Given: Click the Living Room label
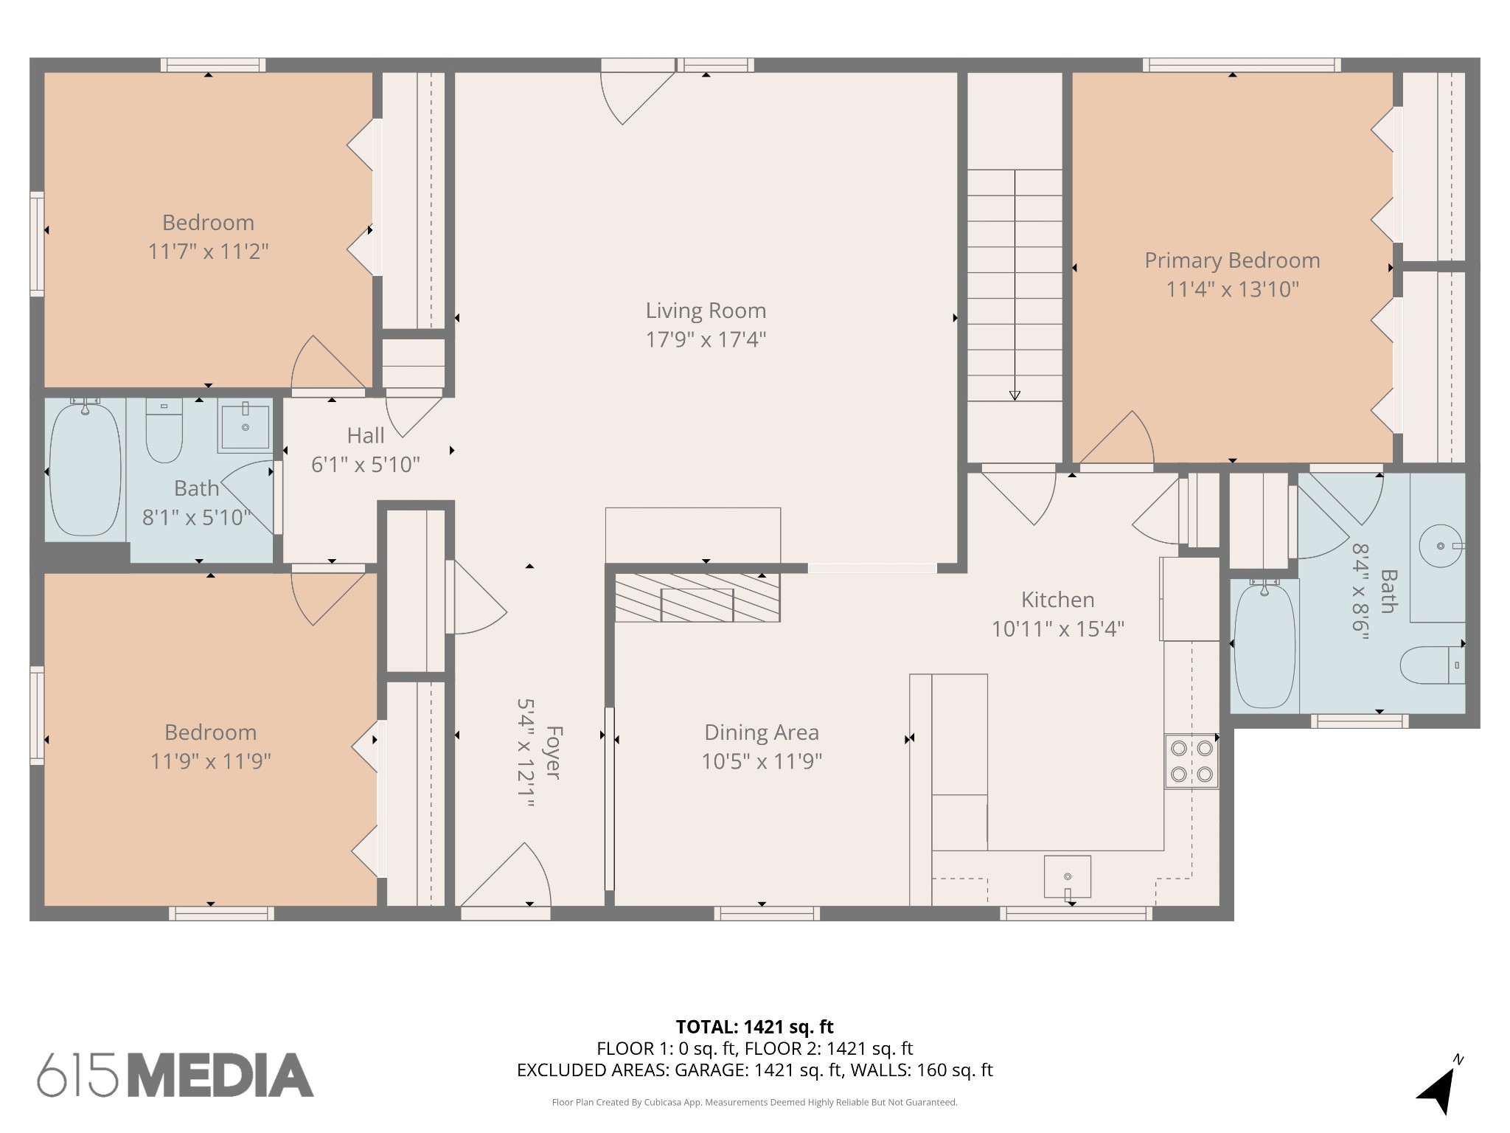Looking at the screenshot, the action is pos(706,311).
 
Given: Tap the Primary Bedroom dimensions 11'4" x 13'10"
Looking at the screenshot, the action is pos(1232,289).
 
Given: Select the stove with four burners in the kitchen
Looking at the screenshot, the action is pos(1191,761).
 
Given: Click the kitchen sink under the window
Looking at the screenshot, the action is pos(1068,876).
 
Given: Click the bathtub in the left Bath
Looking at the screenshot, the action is pos(85,468).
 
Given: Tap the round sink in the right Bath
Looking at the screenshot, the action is pos(1440,546).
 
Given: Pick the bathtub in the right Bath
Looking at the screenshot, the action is pos(1264,644).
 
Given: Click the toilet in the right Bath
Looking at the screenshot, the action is pos(1433,665).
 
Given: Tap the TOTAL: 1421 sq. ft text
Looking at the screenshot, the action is pos(754,1027).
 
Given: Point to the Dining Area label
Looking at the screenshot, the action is pos(762,732).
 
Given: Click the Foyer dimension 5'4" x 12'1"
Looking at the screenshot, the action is pos(526,753).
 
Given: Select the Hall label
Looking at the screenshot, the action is pos(366,435).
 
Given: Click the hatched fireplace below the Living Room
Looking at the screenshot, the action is pos(697,597).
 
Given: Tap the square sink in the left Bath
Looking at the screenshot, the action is pos(246,426).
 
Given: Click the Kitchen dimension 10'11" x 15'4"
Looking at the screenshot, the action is pos(1057,629).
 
